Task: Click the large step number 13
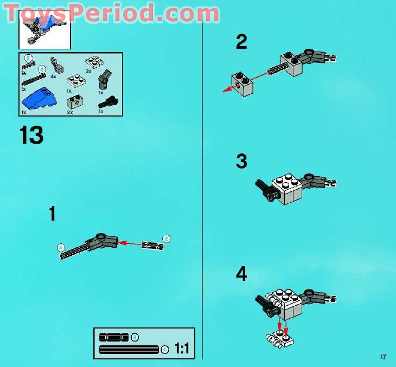(x=31, y=135)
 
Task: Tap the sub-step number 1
(x=52, y=214)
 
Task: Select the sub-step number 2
(x=241, y=42)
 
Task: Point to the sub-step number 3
(x=241, y=162)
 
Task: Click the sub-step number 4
(x=241, y=274)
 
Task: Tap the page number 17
(x=384, y=357)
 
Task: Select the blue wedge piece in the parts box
(x=40, y=98)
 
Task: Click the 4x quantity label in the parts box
(x=53, y=76)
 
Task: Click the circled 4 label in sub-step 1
(x=61, y=248)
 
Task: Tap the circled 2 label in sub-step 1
(x=167, y=238)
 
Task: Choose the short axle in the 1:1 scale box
(x=113, y=337)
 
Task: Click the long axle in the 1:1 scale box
(x=129, y=350)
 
